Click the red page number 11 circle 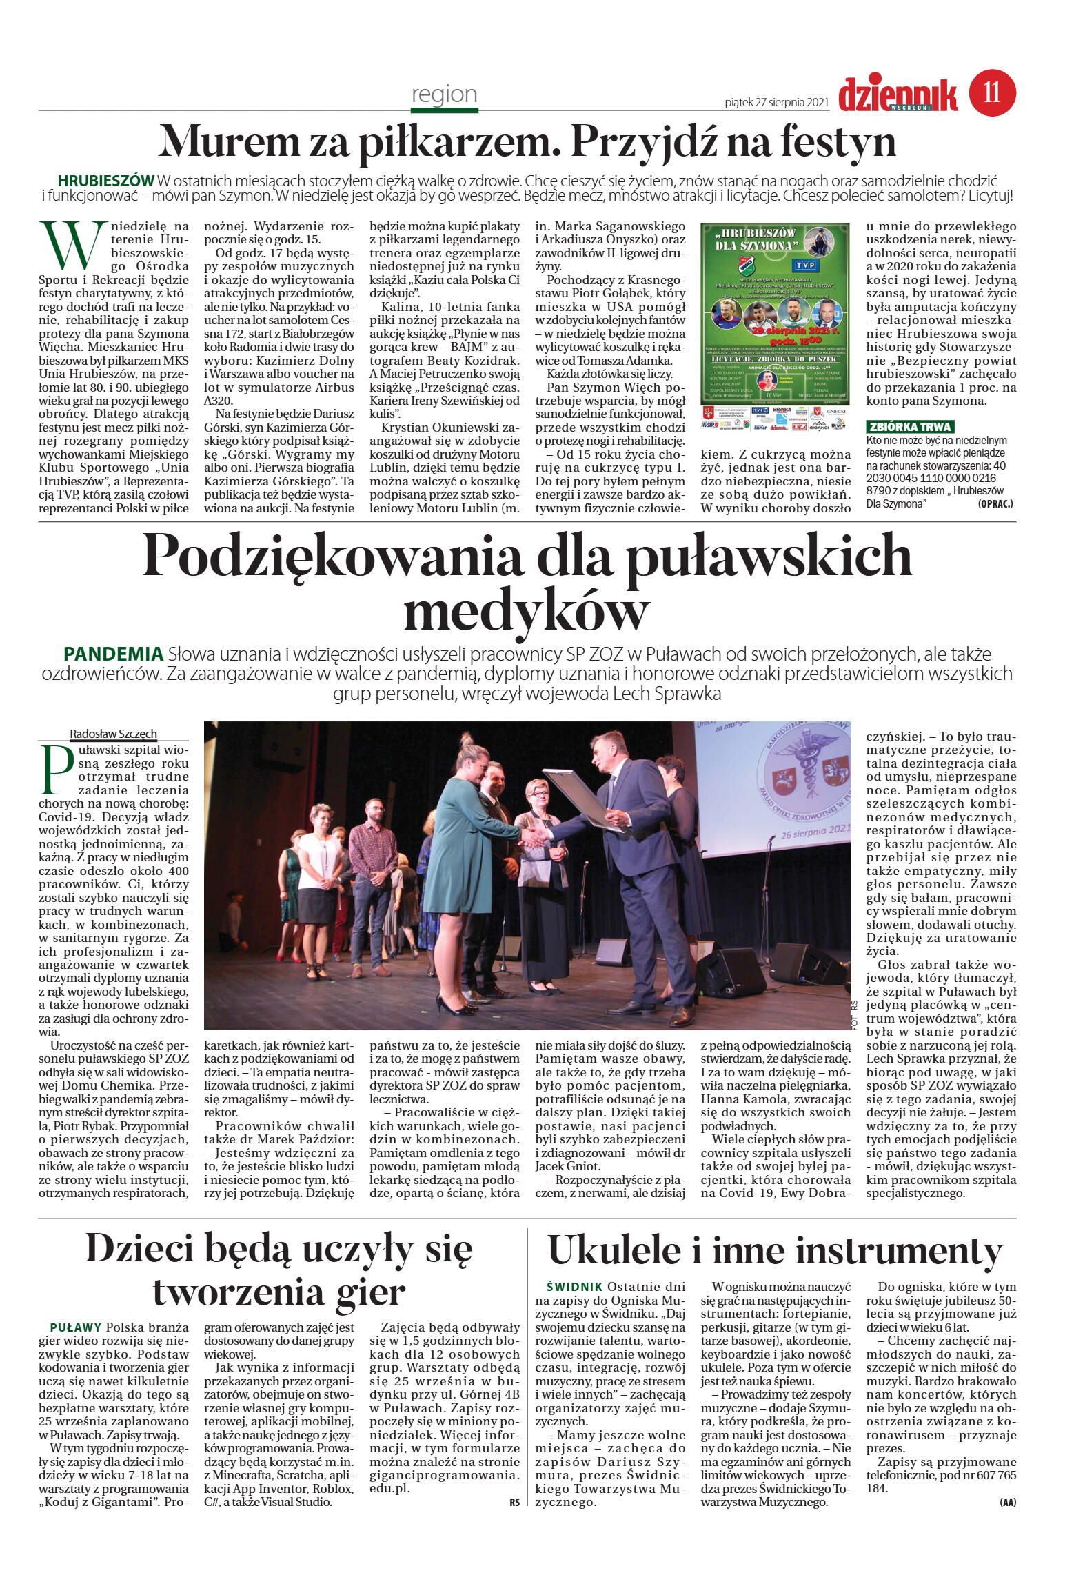pyautogui.click(x=992, y=92)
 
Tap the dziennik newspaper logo pyautogui.click(x=898, y=95)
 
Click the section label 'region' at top pyautogui.click(x=444, y=94)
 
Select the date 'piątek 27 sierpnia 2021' pyautogui.click(x=776, y=102)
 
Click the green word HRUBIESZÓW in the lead pyautogui.click(x=106, y=181)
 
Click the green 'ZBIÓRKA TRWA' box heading pyautogui.click(x=910, y=427)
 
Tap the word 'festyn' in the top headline pyautogui.click(x=838, y=141)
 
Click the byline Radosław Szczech pyautogui.click(x=113, y=733)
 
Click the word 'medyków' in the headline pyautogui.click(x=526, y=610)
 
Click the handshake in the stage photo pyautogui.click(x=534, y=836)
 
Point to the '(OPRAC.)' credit pyautogui.click(x=995, y=504)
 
